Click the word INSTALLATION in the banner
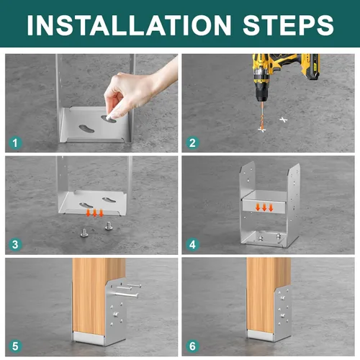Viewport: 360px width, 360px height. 129,25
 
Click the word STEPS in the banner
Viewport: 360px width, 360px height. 288,25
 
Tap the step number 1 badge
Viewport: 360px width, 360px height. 15,143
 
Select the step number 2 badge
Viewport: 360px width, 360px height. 192,143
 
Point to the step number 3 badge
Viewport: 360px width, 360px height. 15,245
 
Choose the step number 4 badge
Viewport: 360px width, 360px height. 192,245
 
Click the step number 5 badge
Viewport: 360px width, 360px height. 15,346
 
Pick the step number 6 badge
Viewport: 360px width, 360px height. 192,346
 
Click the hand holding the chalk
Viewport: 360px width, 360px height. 139,91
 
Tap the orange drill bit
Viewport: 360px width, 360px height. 261,116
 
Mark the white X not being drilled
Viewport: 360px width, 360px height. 284,120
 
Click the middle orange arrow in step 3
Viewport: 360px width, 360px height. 94,213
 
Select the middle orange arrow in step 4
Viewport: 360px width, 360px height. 264,207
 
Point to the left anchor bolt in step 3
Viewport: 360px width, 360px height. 84,233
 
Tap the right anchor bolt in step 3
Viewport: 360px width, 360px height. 109,226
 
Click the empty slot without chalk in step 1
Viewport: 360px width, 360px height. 86,129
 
